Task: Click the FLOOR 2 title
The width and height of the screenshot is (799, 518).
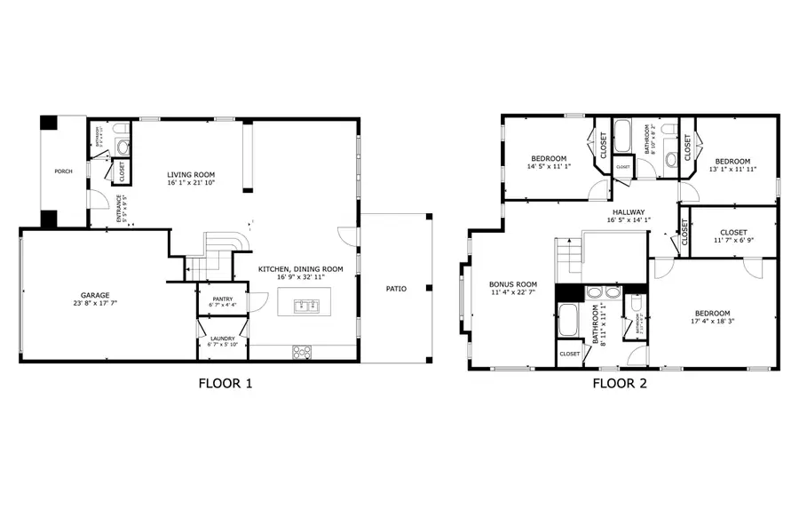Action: click(x=620, y=384)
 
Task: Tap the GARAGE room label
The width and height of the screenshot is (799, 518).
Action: click(x=95, y=295)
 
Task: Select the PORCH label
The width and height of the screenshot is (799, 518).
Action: click(x=63, y=171)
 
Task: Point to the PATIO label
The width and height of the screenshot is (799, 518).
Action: click(x=396, y=288)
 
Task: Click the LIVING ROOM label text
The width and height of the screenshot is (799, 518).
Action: click(x=192, y=174)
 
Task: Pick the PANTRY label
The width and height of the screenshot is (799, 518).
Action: click(x=222, y=299)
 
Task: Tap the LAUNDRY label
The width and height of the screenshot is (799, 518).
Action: click(x=222, y=339)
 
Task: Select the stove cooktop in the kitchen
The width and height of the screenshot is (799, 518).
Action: click(x=303, y=352)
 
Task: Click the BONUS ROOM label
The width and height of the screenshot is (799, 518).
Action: click(x=513, y=285)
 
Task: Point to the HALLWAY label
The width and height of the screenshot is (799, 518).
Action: click(x=629, y=212)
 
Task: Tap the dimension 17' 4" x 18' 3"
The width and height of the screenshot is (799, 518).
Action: click(x=712, y=323)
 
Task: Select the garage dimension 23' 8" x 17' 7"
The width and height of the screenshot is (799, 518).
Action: click(x=95, y=304)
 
